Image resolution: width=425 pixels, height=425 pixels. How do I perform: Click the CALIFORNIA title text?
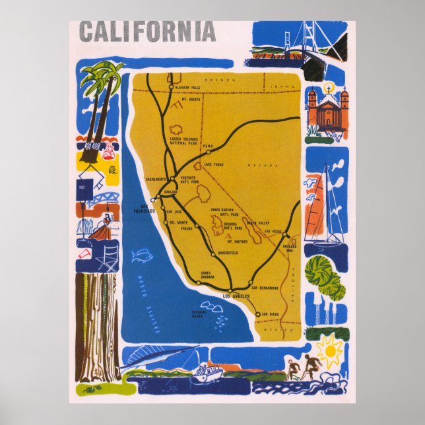point(147,32)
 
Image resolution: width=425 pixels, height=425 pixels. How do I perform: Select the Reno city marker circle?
point(209,152)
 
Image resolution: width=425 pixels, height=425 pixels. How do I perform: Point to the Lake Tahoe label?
point(216,164)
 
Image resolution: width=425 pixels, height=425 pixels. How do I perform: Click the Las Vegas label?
point(273,232)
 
